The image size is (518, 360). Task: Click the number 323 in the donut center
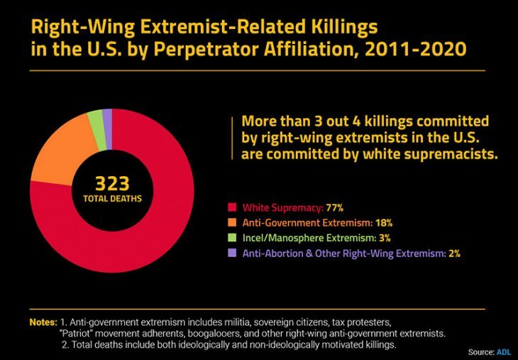pyautogui.click(x=111, y=184)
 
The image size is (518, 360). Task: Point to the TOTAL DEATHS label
pyautogui.click(x=111, y=199)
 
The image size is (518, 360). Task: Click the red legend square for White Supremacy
pyautogui.click(x=231, y=208)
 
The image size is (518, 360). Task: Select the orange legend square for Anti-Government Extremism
pyautogui.click(x=231, y=223)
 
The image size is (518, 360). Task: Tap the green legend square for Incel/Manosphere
pyautogui.click(x=231, y=238)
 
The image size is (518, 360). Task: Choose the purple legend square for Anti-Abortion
pyautogui.click(x=231, y=253)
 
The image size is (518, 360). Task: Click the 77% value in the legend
pyautogui.click(x=334, y=208)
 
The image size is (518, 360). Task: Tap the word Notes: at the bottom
pyautogui.click(x=43, y=322)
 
